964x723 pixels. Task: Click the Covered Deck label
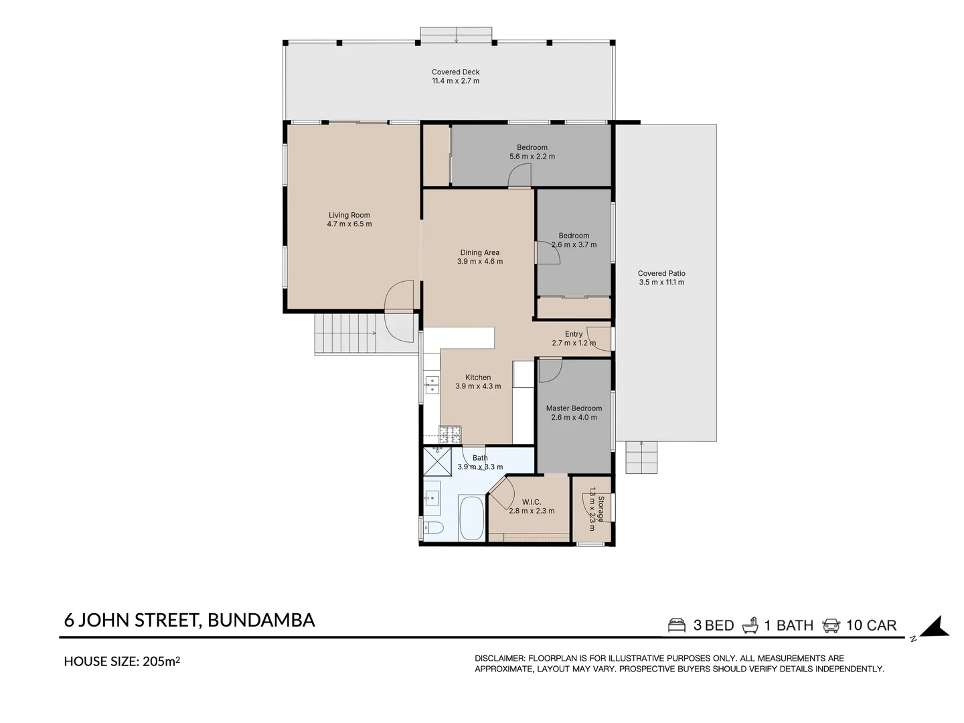455,72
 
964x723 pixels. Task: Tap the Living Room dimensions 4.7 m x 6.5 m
349,224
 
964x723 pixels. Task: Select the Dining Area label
479,252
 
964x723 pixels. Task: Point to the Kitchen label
478,377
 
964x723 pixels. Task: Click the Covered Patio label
661,273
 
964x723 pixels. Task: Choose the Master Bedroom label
574,408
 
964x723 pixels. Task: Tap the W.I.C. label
532,502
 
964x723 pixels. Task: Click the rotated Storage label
600,509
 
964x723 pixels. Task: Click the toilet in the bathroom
432,528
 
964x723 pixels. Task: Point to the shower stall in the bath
437,461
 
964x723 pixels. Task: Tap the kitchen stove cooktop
450,434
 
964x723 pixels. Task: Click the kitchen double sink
432,385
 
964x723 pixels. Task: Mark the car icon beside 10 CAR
831,625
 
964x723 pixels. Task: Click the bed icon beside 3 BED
676,625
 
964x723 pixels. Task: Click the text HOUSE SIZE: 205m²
122,661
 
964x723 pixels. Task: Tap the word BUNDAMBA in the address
261,621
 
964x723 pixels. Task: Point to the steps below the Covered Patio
641,457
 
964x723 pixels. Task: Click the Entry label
574,334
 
